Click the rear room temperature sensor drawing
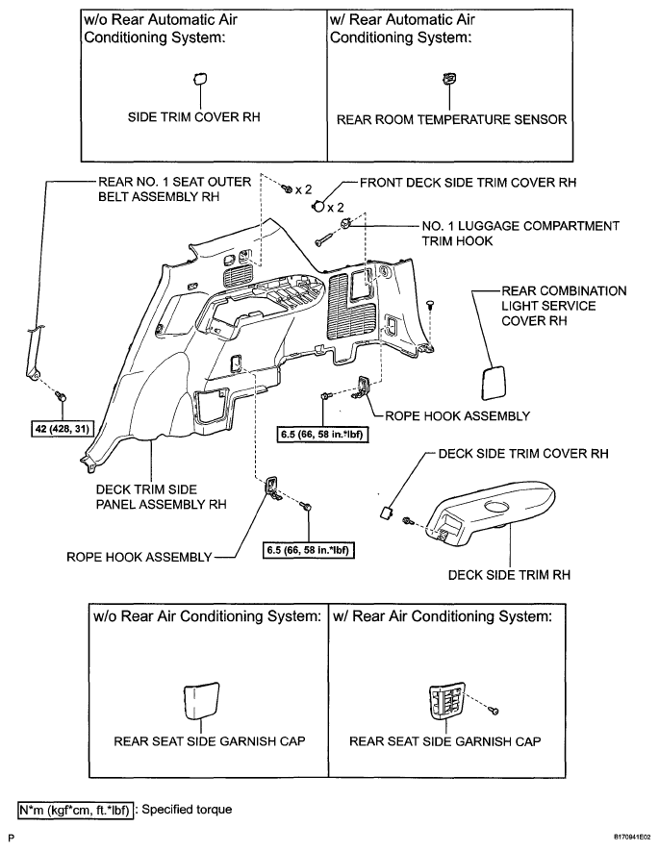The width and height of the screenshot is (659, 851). coord(449,79)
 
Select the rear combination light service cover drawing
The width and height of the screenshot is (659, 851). coord(493,383)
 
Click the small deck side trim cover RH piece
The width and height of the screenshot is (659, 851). coord(387,513)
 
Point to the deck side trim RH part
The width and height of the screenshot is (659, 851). coord(491,511)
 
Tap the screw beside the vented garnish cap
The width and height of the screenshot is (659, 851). coord(494,710)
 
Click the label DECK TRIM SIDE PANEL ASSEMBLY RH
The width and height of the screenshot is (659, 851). coord(162,496)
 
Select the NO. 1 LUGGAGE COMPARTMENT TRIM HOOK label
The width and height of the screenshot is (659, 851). coord(520,234)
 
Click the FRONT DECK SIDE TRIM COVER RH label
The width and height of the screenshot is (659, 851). coord(468,183)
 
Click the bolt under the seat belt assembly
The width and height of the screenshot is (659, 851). coord(61,397)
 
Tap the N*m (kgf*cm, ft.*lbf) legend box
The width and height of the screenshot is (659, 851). coord(75,810)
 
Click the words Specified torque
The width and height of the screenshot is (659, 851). coord(187,810)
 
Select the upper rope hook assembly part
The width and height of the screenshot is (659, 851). coord(364,386)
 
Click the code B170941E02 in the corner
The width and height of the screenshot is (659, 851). coord(632,838)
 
